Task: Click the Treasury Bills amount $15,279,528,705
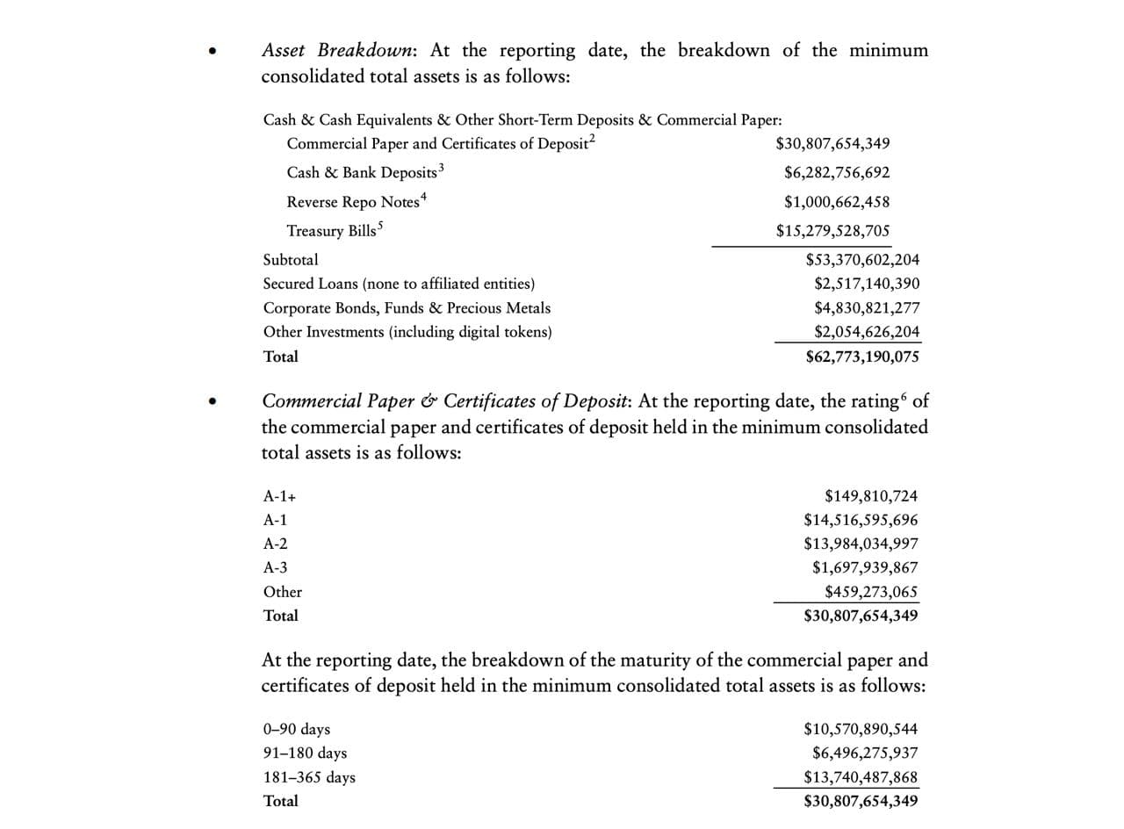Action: point(832,231)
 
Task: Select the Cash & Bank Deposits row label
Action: point(362,172)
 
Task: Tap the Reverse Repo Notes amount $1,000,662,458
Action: point(836,202)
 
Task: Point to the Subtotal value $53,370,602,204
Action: point(862,260)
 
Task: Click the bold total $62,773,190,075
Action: point(862,357)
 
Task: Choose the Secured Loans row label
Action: point(399,284)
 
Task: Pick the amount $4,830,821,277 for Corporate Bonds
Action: point(867,308)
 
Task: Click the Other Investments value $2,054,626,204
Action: point(867,332)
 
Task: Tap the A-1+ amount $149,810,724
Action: point(871,497)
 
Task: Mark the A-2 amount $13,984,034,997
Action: point(861,544)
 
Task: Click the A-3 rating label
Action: point(276,568)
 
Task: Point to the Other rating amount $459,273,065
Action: point(871,592)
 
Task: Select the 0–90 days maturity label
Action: point(297,729)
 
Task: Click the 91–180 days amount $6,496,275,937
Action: point(865,753)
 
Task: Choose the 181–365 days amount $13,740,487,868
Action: point(861,777)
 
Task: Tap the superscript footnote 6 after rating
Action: point(904,397)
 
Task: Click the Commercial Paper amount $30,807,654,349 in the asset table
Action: point(832,143)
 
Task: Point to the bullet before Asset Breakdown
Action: point(212,52)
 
